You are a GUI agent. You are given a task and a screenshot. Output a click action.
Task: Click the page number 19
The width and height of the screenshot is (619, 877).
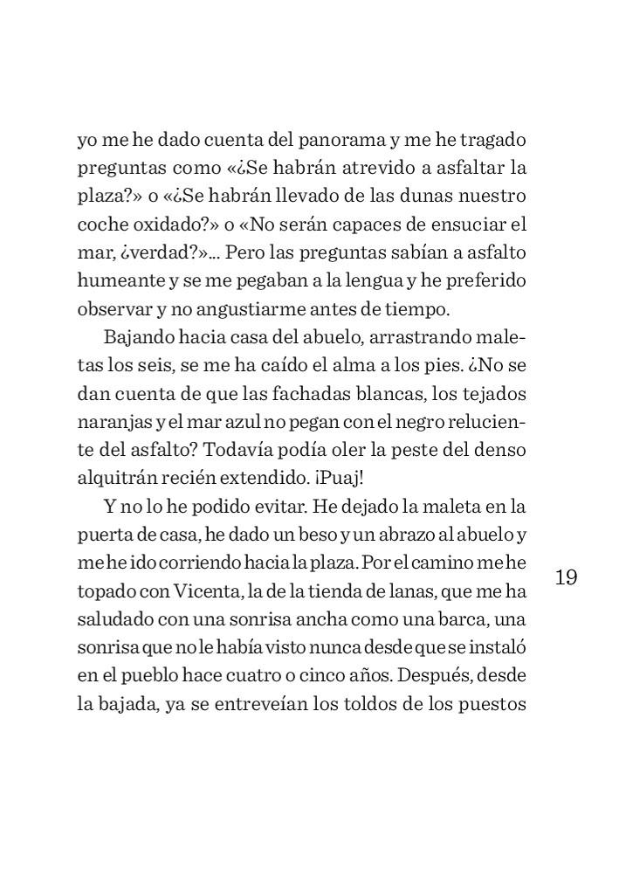(x=566, y=577)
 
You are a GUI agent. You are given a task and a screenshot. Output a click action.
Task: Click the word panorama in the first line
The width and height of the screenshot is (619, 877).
(x=336, y=141)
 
